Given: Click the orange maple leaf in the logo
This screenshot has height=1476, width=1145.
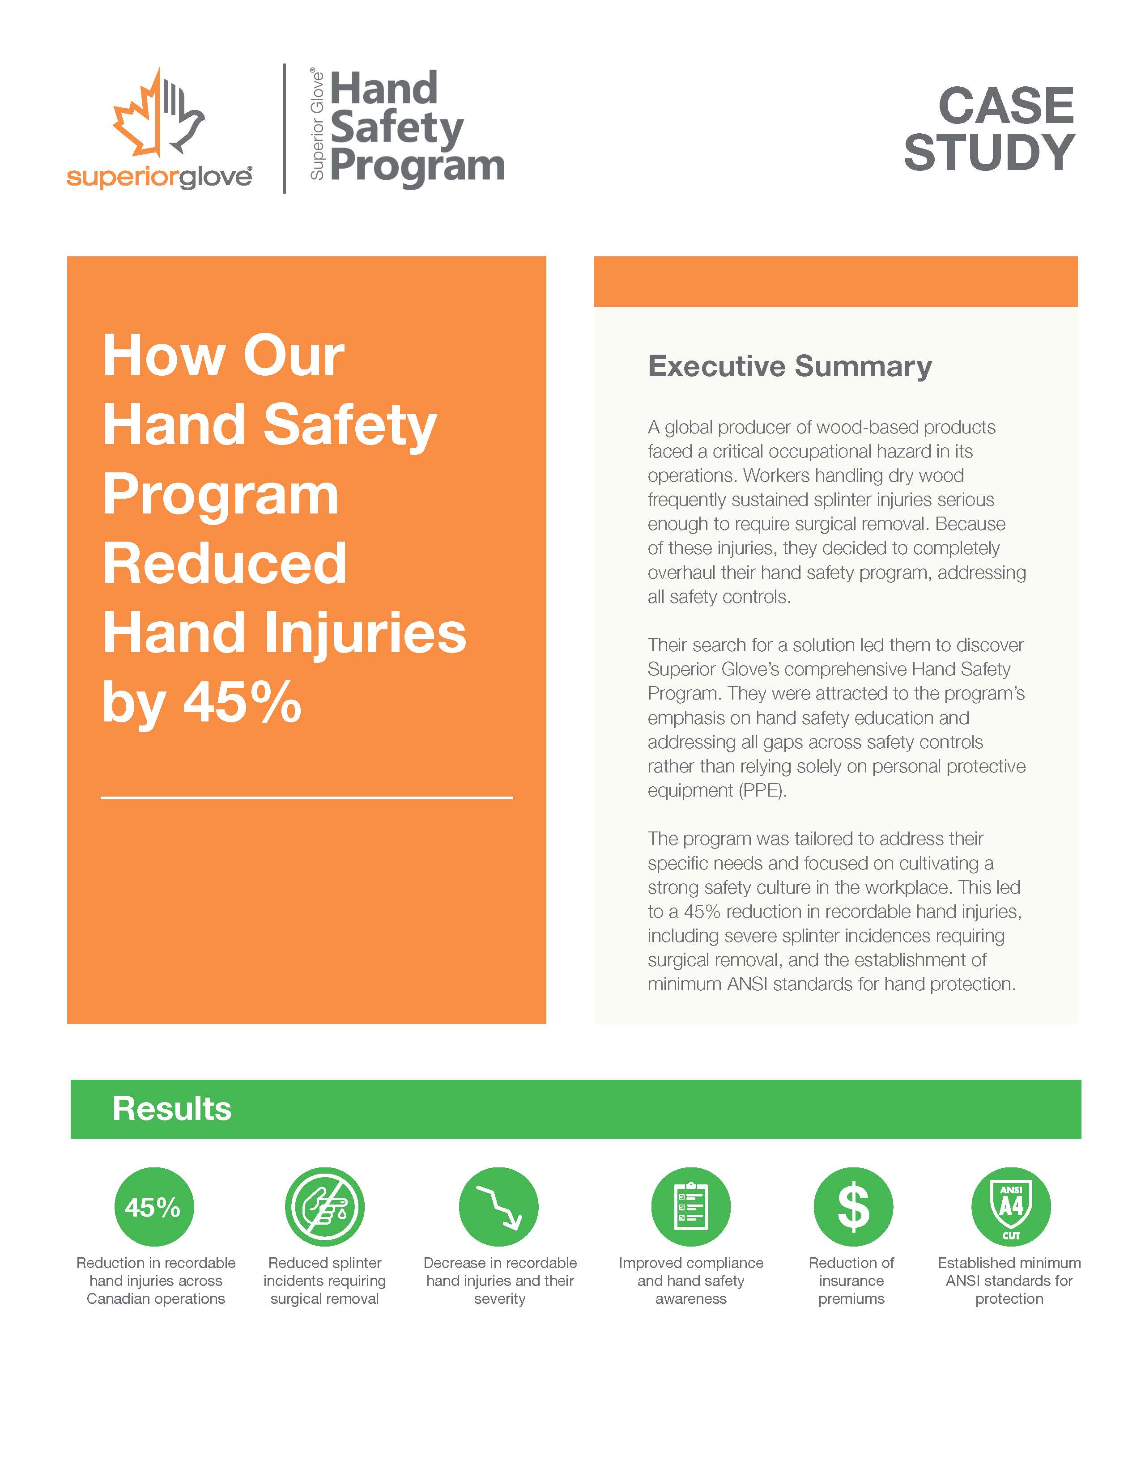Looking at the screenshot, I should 139,118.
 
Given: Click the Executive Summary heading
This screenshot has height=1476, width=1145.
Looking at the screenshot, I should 789,366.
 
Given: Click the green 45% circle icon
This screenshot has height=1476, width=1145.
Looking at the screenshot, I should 154,1207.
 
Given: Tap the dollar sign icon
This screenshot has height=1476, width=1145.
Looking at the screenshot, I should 852,1207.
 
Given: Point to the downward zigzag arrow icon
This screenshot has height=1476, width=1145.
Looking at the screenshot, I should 499,1207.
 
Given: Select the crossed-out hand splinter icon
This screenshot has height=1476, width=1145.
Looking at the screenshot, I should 324,1207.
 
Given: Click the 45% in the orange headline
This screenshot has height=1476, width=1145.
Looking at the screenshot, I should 242,703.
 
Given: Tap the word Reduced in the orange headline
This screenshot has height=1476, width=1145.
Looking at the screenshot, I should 225,564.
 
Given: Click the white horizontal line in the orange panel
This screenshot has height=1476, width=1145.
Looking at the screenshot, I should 306,797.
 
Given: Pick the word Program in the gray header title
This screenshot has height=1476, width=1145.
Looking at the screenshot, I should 417,166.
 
